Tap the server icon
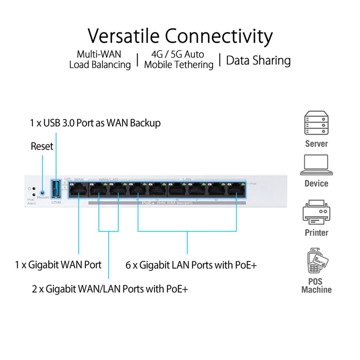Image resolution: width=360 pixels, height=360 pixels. point(316,123)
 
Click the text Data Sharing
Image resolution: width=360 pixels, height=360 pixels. point(258,60)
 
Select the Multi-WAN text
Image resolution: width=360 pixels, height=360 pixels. point(99,54)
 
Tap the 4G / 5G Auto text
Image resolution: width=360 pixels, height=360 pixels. point(177,54)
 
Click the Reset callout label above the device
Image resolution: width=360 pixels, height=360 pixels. point(42,146)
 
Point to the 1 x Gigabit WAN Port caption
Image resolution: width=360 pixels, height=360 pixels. point(58,265)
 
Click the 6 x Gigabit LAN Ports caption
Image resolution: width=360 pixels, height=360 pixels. point(191,265)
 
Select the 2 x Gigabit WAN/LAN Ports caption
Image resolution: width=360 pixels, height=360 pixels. point(110,288)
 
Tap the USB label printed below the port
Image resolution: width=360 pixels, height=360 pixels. point(56,202)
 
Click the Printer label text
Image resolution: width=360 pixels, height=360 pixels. point(316,233)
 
